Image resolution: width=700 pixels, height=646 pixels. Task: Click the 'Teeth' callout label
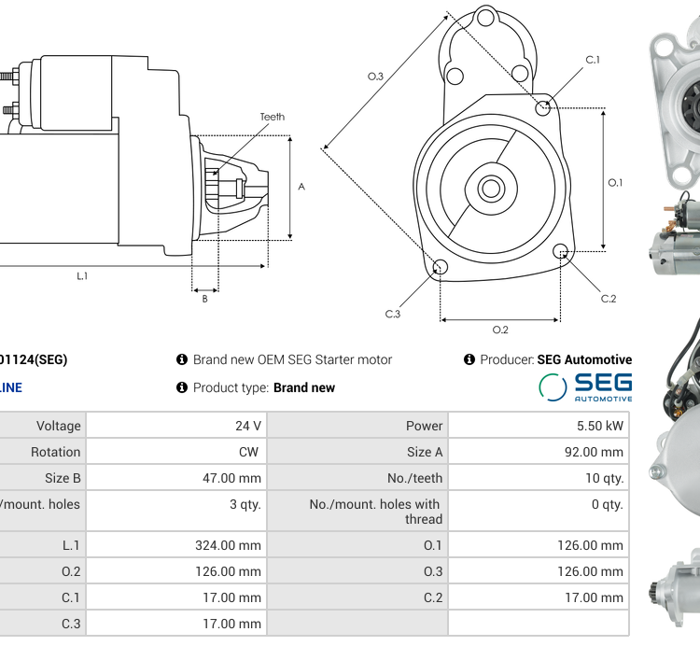tap(272, 117)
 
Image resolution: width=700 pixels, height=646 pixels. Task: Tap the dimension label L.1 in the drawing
tap(82, 275)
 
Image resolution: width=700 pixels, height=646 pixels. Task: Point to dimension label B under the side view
tap(204, 299)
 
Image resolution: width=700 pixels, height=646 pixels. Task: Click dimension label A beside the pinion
tap(301, 187)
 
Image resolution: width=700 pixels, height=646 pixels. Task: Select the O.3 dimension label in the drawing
tap(375, 77)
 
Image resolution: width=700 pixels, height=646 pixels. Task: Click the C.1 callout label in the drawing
tap(593, 60)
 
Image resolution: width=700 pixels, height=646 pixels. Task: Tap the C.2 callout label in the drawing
tap(609, 299)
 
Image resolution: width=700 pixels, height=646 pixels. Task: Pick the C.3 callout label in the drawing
tap(393, 314)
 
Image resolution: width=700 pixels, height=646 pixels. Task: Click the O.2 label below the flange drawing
tap(500, 330)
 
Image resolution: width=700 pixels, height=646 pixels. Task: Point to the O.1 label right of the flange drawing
tap(615, 183)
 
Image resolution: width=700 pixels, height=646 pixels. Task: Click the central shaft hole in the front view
tap(490, 189)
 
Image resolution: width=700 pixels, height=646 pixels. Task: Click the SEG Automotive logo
tap(585, 386)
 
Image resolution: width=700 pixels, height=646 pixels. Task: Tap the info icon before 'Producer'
tap(469, 359)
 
